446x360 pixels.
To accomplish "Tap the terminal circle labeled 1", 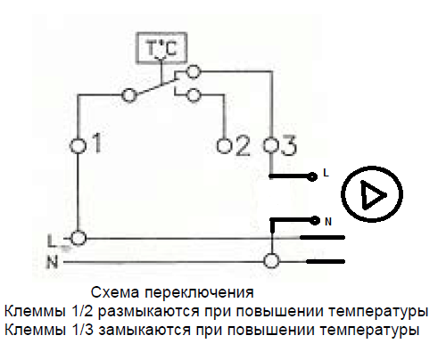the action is tap(78, 145).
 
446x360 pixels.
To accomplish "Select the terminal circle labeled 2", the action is tap(224, 145).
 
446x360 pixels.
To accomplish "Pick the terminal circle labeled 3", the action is tap(270, 145).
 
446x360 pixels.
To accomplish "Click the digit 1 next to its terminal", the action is tap(96, 143).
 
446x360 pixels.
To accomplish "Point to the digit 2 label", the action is tap(243, 145).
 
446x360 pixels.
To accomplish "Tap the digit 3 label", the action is tap(288, 145).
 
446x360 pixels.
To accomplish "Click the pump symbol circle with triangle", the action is tap(372, 194).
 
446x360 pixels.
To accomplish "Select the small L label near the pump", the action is tap(326, 173).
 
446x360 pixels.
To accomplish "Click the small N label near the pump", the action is tap(328, 222).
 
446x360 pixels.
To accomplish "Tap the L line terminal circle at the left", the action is tap(78, 238).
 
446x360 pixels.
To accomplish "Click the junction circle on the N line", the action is tap(271, 261).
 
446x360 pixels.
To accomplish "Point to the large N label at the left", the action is tap(52, 262).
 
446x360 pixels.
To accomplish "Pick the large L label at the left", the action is tap(51, 241).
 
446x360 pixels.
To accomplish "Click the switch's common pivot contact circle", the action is tap(129, 95).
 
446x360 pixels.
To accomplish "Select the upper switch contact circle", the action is tap(194, 71).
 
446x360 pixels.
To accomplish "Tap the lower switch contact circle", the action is tap(194, 95).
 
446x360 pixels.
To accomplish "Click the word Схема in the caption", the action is tap(115, 292).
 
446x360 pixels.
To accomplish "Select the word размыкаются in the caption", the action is tap(148, 311).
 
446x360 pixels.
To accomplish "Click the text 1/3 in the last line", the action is tap(82, 330).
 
